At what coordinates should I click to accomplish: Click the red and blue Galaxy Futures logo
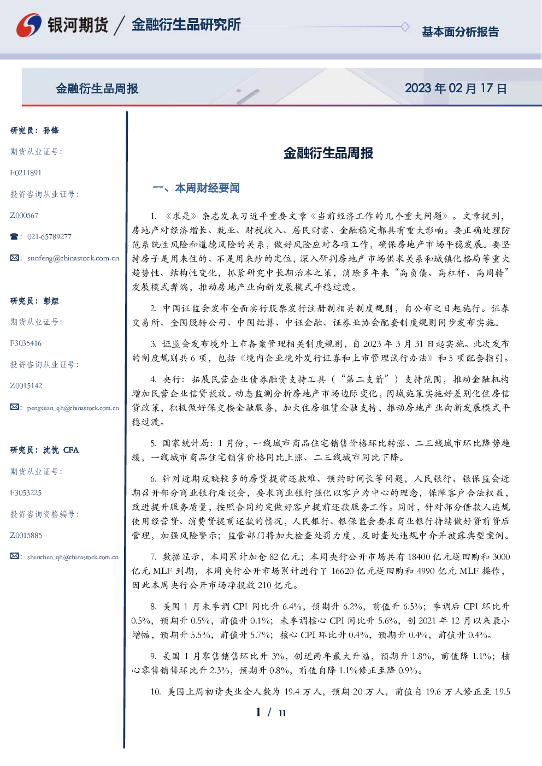[x=29, y=25]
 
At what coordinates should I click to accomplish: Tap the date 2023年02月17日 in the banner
[x=456, y=88]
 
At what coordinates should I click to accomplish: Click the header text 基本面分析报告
[x=460, y=32]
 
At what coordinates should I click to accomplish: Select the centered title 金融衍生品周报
[x=328, y=153]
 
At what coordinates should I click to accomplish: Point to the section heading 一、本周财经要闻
[x=196, y=188]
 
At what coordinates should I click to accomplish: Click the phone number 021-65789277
[x=50, y=236]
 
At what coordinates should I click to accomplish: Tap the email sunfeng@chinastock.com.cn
[x=73, y=258]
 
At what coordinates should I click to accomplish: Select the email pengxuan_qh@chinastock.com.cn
[x=73, y=408]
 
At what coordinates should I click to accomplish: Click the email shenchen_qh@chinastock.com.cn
[x=73, y=557]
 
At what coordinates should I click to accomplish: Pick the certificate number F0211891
[x=26, y=173]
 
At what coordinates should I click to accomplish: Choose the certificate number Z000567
[x=24, y=216]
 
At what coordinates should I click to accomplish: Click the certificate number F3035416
[x=26, y=343]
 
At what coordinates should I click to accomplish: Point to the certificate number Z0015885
[x=26, y=536]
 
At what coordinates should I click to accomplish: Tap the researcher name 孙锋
[x=51, y=130]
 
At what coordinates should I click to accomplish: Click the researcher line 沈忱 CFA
[x=61, y=450]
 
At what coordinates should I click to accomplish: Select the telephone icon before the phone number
[x=14, y=236]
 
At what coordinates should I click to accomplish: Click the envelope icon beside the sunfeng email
[x=14, y=258]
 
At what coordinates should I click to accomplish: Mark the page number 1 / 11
[x=270, y=712]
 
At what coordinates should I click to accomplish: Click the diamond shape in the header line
[x=405, y=27]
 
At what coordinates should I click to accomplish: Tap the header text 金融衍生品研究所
[x=186, y=25]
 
